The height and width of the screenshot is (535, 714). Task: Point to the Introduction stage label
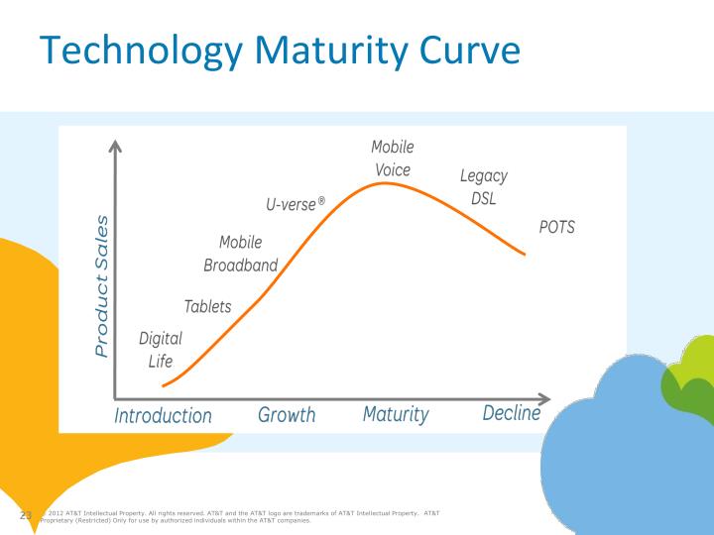[163, 415]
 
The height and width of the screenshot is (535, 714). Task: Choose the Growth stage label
[287, 414]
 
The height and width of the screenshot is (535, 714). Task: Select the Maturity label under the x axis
[396, 414]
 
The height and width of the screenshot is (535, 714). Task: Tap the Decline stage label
[511, 413]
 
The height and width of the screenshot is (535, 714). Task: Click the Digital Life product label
[161, 350]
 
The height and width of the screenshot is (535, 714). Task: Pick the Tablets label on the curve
[207, 306]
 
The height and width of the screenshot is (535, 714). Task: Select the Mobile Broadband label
[240, 254]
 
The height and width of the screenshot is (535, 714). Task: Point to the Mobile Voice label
[393, 159]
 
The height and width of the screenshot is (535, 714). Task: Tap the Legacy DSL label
[483, 186]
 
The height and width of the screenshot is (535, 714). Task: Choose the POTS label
[556, 227]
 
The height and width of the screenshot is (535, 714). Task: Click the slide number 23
[27, 515]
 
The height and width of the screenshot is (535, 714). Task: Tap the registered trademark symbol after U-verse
[320, 201]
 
